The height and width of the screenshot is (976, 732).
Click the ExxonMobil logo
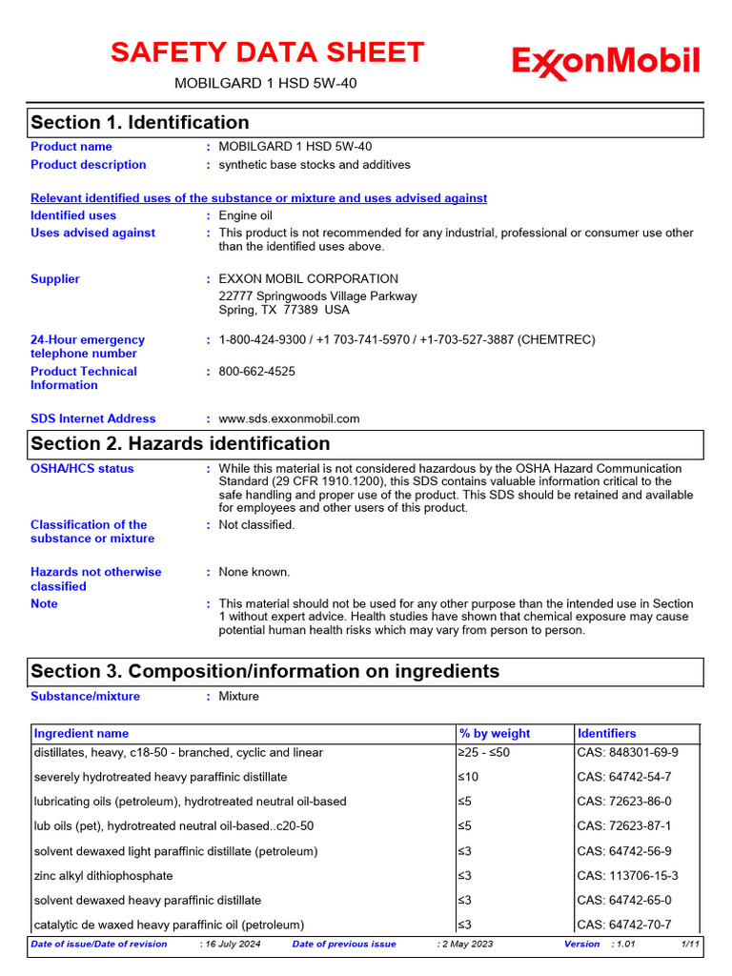(x=605, y=62)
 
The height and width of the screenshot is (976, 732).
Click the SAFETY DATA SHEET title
(x=267, y=52)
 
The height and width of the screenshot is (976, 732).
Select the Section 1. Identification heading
(x=140, y=122)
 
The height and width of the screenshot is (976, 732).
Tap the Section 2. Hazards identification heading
(x=180, y=443)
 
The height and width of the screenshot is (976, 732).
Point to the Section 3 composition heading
(x=265, y=671)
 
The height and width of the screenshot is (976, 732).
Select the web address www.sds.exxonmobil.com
(x=289, y=418)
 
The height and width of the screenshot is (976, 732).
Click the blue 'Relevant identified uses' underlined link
(x=258, y=198)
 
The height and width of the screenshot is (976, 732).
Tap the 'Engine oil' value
(x=245, y=215)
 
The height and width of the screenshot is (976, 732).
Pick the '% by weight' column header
(x=495, y=733)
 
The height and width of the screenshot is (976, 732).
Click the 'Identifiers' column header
(x=606, y=733)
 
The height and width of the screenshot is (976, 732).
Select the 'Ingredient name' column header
(x=81, y=733)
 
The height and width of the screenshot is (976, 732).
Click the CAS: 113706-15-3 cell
(x=627, y=876)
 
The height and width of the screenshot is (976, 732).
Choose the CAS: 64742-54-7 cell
(x=623, y=777)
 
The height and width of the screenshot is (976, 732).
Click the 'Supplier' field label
(x=55, y=279)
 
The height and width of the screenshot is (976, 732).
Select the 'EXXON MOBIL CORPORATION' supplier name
(x=308, y=279)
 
